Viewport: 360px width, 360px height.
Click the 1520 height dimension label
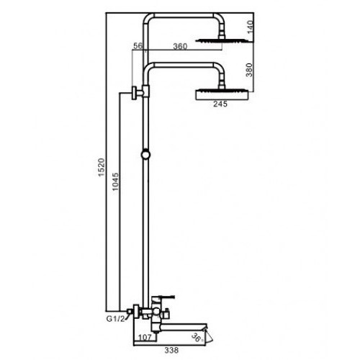(102, 168)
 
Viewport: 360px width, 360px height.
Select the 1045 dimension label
(115, 181)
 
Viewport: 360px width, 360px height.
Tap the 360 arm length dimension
(180, 46)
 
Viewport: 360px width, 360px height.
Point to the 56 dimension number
(138, 45)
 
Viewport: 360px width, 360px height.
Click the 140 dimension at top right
(250, 27)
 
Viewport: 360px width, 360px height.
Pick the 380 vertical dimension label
(250, 70)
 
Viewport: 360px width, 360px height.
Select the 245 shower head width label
(220, 104)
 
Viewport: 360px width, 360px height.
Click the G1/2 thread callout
(116, 319)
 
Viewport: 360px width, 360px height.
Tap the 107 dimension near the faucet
(145, 337)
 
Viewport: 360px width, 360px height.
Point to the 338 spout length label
(171, 350)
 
